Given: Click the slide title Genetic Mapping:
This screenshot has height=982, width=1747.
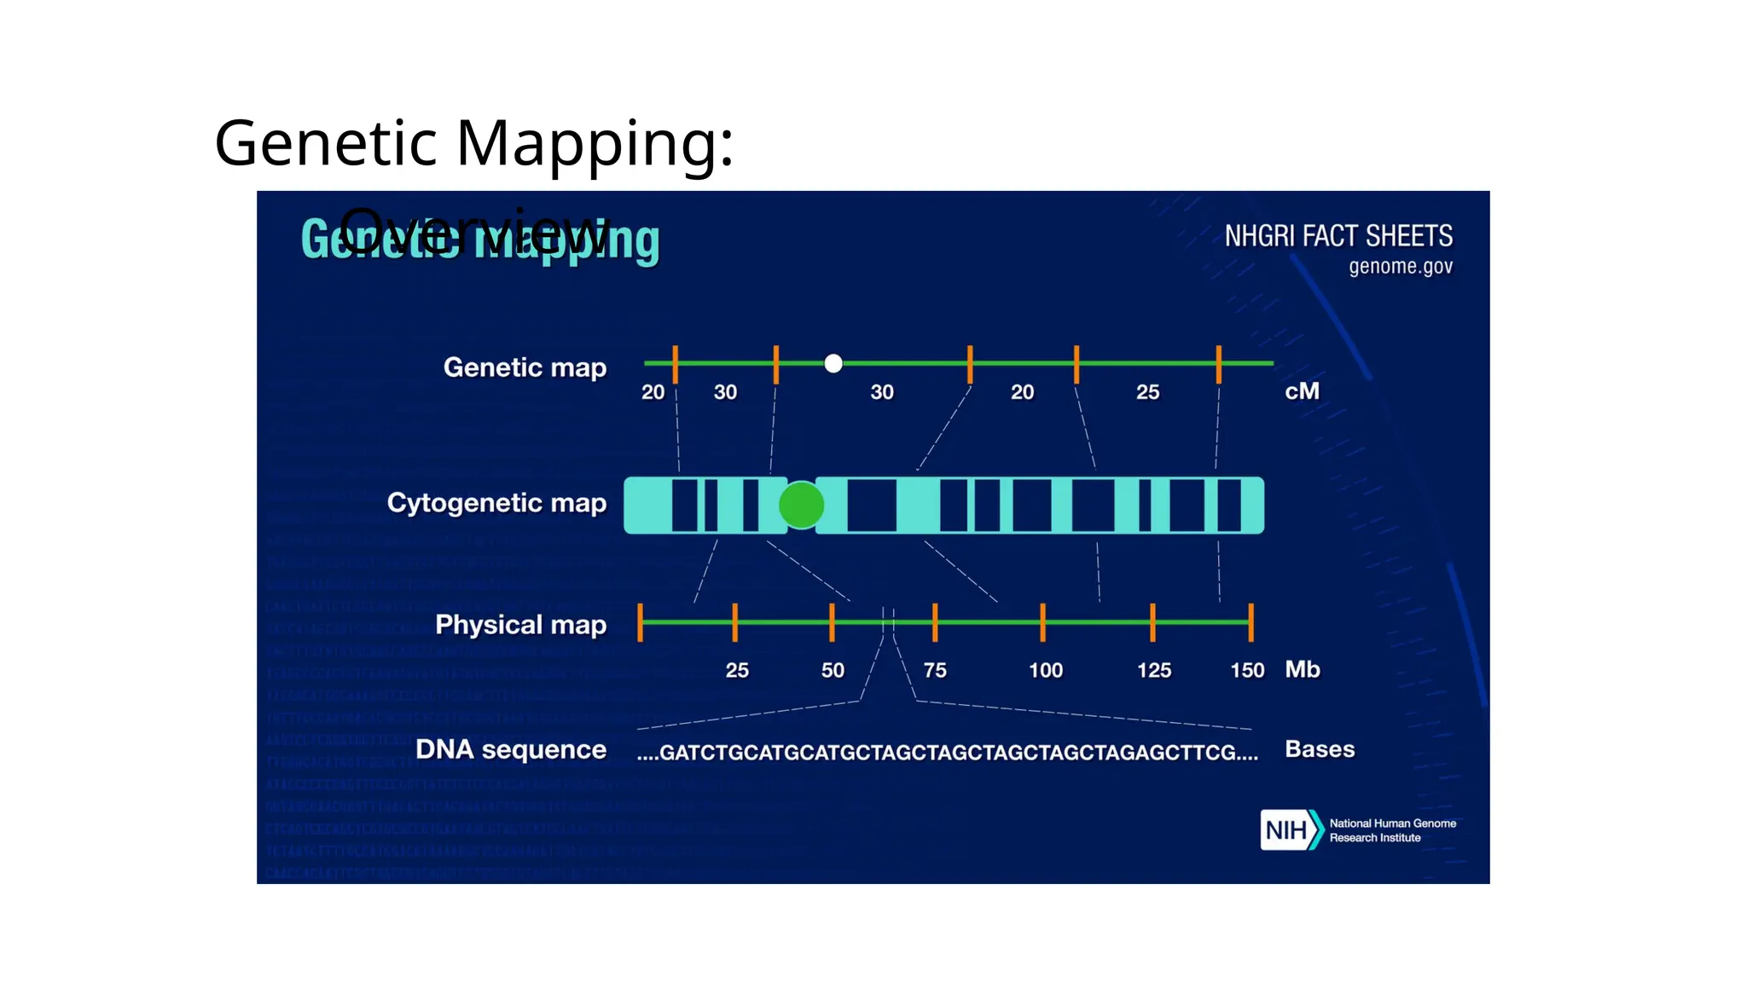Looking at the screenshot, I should click(473, 142).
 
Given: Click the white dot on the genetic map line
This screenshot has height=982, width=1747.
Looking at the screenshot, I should click(833, 364).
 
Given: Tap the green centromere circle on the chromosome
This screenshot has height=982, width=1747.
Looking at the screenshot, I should click(801, 505).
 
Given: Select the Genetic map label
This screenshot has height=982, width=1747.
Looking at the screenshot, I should click(525, 367).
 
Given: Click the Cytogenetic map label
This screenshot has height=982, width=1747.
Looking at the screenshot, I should click(496, 503).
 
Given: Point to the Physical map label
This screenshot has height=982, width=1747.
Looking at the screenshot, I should click(520, 625).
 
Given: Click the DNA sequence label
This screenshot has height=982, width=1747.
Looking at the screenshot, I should click(510, 750).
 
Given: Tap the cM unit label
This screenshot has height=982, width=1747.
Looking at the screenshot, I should click(1302, 391).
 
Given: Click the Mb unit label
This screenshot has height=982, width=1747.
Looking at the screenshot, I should click(1303, 669).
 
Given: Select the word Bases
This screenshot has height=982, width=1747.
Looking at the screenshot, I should click(1320, 749).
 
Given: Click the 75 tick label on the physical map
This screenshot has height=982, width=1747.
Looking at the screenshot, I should click(935, 671).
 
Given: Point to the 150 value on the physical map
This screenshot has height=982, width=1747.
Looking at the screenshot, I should click(1247, 671).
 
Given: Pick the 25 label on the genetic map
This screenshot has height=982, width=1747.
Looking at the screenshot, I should click(1147, 392).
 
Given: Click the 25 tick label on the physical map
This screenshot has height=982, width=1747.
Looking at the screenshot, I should click(737, 671).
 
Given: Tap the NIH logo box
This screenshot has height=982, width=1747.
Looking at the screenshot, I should click(1286, 830).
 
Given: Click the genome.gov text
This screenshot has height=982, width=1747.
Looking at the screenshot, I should click(1400, 267).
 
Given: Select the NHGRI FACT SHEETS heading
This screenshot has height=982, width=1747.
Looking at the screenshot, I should click(1338, 236).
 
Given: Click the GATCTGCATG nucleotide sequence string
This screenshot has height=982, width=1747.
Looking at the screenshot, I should click(947, 753).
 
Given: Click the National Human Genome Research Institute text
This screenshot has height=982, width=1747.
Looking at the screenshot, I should click(1392, 830).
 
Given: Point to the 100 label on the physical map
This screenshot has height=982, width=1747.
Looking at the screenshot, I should click(1046, 671).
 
